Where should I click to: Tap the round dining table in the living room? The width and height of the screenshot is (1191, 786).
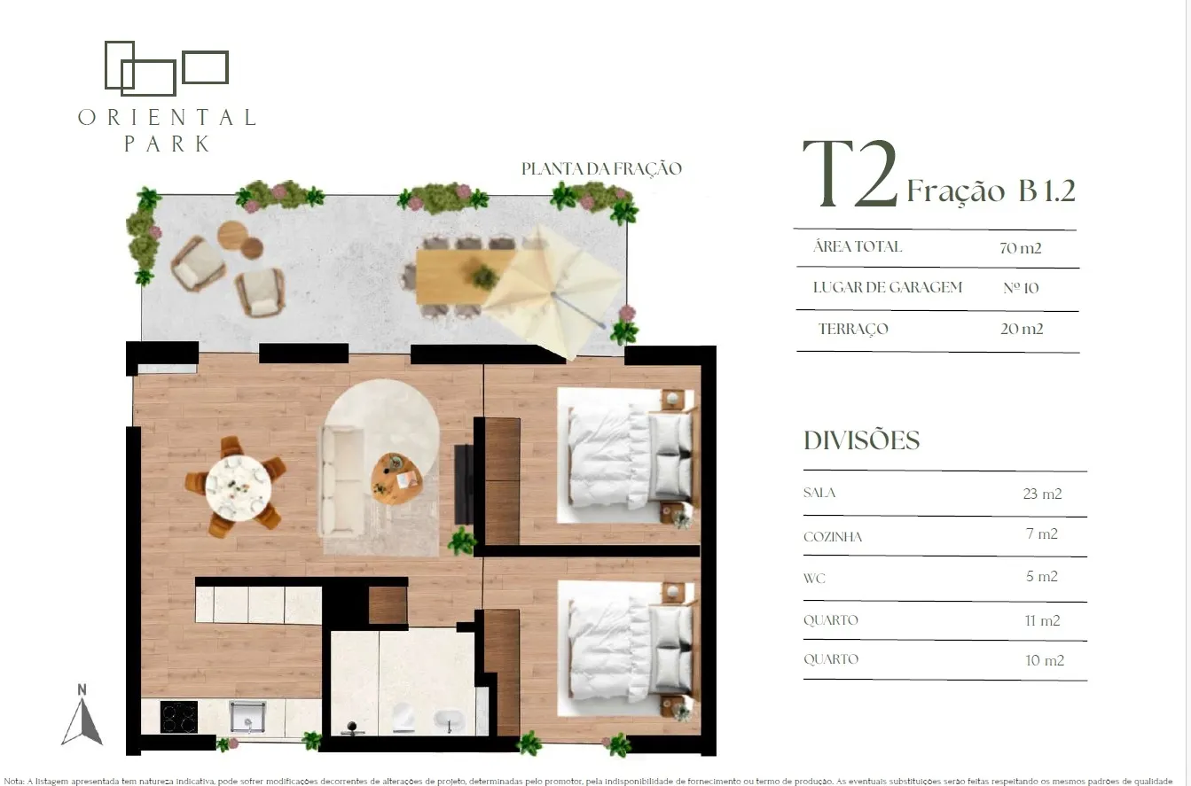tap(239, 487)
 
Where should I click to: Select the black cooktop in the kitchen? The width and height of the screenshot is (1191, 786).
tap(178, 717)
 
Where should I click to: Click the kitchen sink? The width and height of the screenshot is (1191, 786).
tap(247, 716)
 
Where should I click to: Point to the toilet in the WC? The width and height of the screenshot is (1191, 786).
tap(402, 718)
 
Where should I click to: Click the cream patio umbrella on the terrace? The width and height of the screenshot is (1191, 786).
tap(553, 292)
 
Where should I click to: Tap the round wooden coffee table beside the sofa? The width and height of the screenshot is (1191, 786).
tap(396, 479)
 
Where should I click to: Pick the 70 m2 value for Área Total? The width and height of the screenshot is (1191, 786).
tap(1021, 248)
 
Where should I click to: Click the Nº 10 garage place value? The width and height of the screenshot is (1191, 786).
tap(1021, 288)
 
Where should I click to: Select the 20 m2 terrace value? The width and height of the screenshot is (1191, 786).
tap(1022, 329)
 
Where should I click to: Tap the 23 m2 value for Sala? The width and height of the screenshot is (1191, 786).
tap(1042, 494)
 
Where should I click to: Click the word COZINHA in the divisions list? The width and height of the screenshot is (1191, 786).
tap(833, 537)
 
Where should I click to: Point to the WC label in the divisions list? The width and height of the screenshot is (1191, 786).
tap(814, 579)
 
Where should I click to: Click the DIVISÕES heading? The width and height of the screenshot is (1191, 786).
tap(861, 440)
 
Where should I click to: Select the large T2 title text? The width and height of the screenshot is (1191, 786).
tap(850, 175)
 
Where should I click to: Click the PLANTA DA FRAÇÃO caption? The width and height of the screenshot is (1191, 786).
tap(601, 169)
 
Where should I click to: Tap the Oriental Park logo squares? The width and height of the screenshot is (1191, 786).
tap(167, 68)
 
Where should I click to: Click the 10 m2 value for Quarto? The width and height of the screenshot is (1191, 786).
tap(1045, 660)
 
